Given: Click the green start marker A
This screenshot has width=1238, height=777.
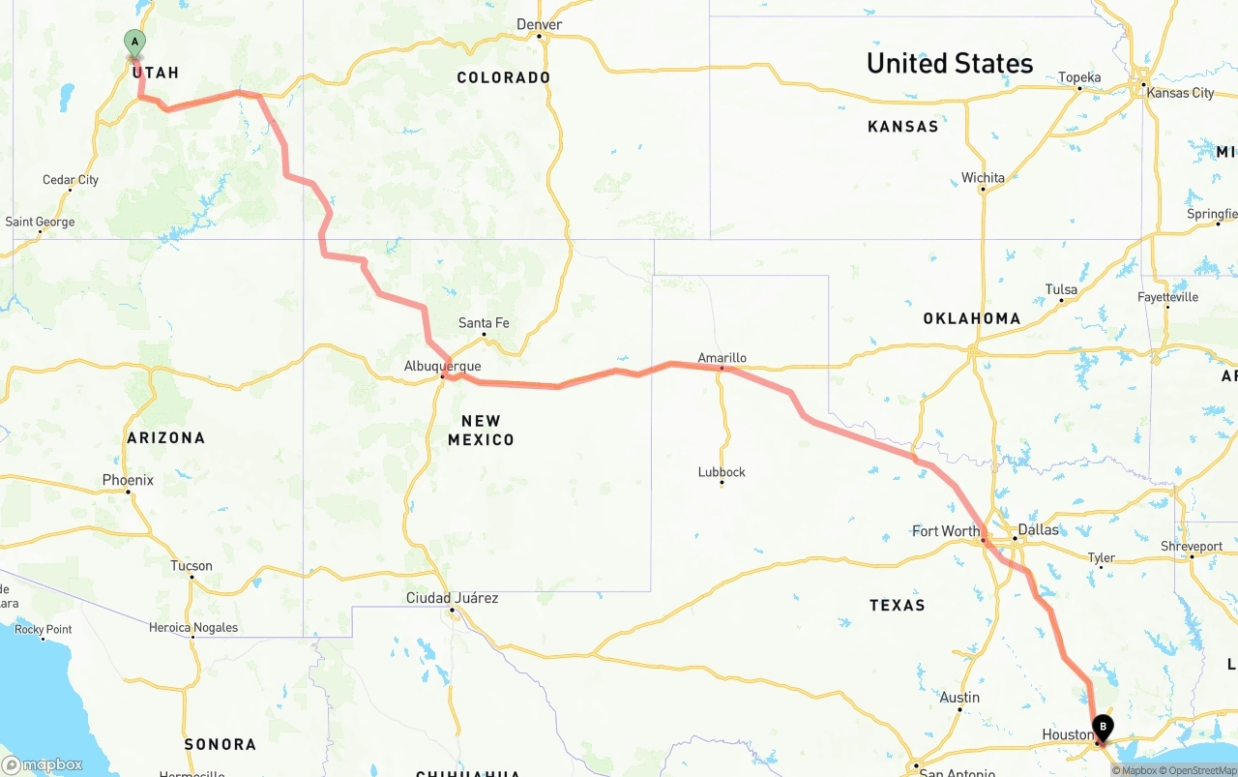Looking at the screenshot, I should click(x=134, y=42).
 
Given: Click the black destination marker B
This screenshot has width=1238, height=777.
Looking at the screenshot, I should click(x=1103, y=727).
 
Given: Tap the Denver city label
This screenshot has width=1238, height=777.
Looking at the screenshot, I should click(x=540, y=24).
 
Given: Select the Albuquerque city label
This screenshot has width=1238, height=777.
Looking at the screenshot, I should click(x=442, y=366).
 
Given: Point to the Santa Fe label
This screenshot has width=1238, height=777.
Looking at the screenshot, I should click(x=484, y=323).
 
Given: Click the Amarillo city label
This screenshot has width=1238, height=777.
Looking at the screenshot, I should click(x=722, y=357).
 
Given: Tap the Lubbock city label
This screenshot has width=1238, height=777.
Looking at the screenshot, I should click(x=722, y=472).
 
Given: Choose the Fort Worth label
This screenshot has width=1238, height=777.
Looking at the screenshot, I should click(x=946, y=530).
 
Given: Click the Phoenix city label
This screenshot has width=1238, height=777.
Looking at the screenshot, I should click(x=128, y=480).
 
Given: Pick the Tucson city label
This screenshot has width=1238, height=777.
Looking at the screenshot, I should click(x=192, y=566).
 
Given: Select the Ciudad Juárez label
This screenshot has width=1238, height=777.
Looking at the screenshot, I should click(x=452, y=598).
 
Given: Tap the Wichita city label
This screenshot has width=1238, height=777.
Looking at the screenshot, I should click(x=983, y=178).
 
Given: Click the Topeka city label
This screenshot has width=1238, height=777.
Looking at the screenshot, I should click(x=1079, y=77).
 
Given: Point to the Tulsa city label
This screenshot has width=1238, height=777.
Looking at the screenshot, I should click(x=1061, y=289).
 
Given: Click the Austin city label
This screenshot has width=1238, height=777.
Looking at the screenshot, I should click(x=959, y=698).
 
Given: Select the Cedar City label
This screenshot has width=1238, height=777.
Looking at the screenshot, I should click(x=71, y=180).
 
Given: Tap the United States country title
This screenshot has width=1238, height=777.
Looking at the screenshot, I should click(x=950, y=64).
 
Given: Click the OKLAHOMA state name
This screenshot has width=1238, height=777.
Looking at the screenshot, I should click(x=971, y=318).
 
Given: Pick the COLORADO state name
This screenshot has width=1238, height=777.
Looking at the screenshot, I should click(x=504, y=77).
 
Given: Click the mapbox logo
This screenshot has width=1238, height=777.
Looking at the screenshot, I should click(x=43, y=764).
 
